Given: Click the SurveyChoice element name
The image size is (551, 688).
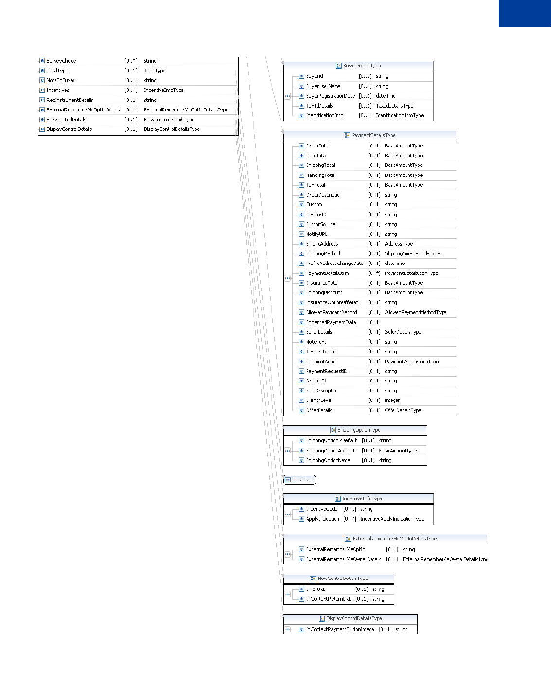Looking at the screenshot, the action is coord(61,61).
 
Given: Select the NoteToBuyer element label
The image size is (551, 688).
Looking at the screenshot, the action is coord(60,80).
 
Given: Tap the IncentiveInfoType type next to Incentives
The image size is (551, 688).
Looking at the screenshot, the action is coord(163,90).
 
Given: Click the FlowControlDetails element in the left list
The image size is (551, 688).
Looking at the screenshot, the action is coord(66,119).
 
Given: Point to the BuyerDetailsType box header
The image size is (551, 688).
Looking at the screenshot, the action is coord(358,66).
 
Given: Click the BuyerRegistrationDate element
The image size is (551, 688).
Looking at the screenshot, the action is coord(330,96).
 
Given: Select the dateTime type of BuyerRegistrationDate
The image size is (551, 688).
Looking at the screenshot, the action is coord(386,96).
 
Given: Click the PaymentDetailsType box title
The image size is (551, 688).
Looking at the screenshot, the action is coord(370,135).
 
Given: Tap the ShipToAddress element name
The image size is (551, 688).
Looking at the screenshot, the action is coord(321,244).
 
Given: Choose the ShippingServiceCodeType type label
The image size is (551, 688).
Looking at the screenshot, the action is coord(412,253).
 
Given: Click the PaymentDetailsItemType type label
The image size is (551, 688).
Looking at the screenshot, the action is coord(411,273).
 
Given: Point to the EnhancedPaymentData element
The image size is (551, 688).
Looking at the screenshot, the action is coord(331,322).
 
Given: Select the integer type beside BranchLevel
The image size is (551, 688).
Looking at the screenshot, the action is coord(392,400).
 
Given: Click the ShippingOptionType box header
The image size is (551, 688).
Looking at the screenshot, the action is coord(355,430).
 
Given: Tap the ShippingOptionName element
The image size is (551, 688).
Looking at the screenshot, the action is coord(328,460).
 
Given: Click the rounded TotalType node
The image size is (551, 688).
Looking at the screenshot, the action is coord(300,480).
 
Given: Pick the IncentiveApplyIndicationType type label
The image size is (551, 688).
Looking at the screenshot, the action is coord(392,519).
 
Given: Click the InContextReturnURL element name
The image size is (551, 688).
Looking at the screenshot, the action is coord(328,599).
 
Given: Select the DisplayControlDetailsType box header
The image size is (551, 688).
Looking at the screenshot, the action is coord(351,619).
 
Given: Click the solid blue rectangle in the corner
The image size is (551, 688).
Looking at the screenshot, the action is coord(525,13).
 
